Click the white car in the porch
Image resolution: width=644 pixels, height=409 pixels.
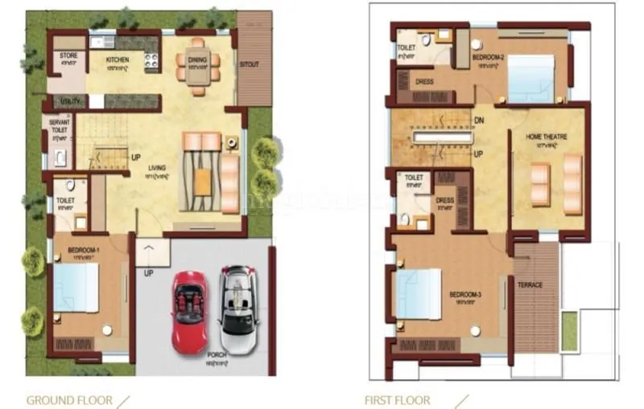(x=240, y=300)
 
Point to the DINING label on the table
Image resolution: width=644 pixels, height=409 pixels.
(x=198, y=59)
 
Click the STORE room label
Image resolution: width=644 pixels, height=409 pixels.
(x=68, y=55)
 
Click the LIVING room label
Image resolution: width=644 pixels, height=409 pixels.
(x=157, y=168)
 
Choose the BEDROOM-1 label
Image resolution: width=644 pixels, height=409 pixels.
(x=84, y=250)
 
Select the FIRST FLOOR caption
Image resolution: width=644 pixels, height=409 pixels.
(x=398, y=399)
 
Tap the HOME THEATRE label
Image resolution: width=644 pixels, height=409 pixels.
(x=547, y=137)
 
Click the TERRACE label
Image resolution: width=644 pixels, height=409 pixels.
(x=530, y=285)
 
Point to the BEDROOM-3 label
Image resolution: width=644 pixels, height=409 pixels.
(x=465, y=295)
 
